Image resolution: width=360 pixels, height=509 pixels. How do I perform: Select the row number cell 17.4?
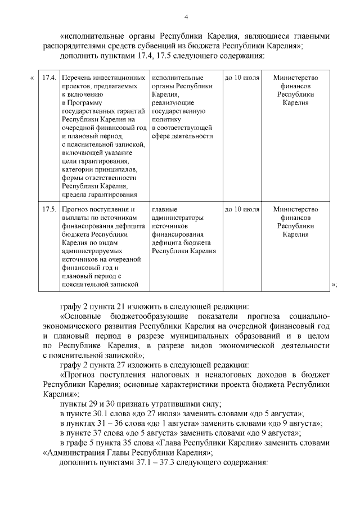[x=48, y=77]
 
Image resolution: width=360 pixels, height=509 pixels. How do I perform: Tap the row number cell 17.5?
[x=48, y=210]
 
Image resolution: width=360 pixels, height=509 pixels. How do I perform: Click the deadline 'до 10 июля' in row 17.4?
[x=242, y=77]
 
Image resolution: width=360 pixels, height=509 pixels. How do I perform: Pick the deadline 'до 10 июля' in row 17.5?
[x=242, y=210]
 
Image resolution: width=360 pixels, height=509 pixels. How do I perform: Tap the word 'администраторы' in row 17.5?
[x=178, y=218]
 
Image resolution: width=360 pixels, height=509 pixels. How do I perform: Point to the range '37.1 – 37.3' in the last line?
[x=160, y=462]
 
